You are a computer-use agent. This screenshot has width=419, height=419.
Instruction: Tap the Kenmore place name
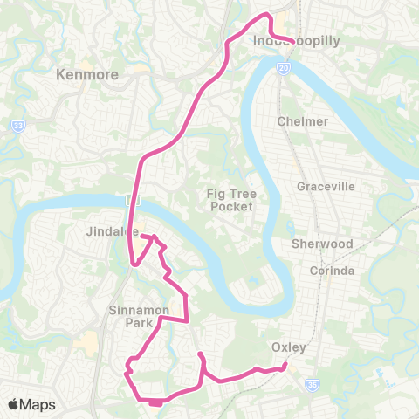point(86,75)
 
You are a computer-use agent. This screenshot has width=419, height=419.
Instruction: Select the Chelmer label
point(303,121)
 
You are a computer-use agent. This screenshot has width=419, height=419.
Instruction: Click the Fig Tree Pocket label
point(230,200)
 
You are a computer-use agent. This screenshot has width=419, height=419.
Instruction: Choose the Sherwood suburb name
point(322,244)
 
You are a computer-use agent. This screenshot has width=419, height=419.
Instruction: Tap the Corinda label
point(333,271)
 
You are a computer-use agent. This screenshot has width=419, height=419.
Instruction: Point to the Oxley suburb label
point(288,347)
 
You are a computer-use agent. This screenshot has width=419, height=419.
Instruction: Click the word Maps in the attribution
point(38,404)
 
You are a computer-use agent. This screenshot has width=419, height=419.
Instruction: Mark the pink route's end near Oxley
point(285,367)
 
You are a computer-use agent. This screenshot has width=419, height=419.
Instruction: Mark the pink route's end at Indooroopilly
point(292,38)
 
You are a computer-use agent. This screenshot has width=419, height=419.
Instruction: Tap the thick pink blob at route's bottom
point(155,402)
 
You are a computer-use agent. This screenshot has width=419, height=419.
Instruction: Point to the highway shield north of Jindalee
point(129,200)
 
